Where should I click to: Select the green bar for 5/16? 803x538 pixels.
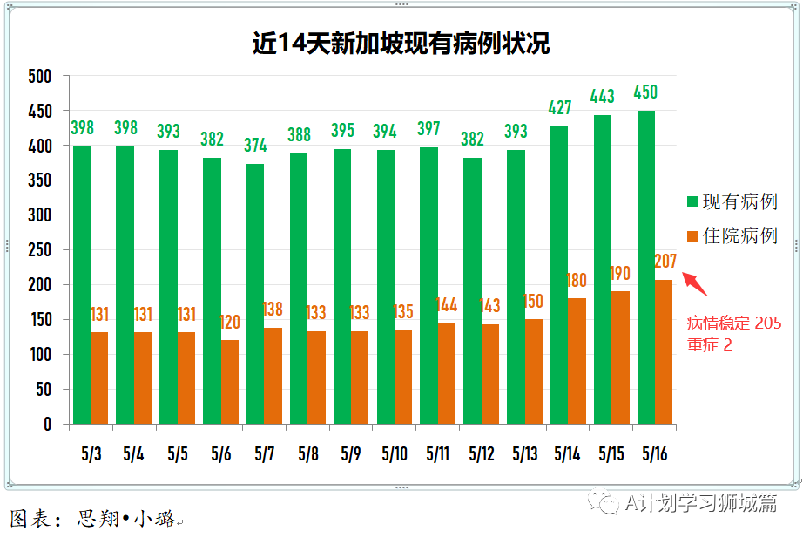(645, 267)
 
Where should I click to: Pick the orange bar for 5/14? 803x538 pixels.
(577, 361)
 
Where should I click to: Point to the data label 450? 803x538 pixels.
(645, 92)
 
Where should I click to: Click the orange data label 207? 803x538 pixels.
(665, 261)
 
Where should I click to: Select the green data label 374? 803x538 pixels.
(255, 146)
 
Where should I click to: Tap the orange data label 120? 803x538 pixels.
(230, 323)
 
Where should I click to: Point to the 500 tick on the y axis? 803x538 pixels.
(40, 77)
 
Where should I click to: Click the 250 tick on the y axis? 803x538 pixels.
(40, 250)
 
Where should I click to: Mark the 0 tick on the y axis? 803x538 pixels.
(48, 425)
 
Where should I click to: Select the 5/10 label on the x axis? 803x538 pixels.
(394, 454)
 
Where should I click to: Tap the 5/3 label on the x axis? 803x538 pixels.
(91, 454)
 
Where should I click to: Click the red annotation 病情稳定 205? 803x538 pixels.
(734, 323)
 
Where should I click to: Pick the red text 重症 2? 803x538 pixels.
(710, 344)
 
